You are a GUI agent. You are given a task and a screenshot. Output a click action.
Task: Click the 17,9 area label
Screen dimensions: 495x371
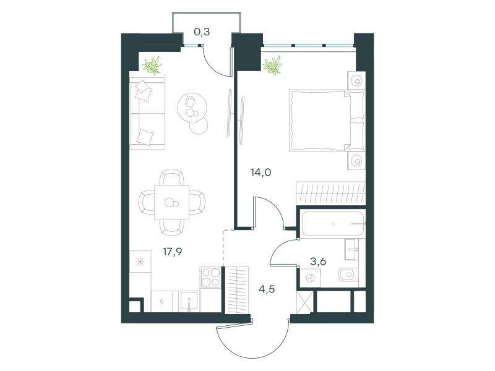173,252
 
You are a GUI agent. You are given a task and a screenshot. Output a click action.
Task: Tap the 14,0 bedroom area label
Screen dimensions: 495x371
260,173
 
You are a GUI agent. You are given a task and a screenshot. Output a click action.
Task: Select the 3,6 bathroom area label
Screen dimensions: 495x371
318,261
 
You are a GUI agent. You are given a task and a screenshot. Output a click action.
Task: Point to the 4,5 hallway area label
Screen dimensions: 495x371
267,289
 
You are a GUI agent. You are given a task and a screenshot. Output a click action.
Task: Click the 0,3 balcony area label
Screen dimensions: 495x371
202,32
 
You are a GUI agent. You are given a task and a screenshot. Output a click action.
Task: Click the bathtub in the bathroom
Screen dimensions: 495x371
333,224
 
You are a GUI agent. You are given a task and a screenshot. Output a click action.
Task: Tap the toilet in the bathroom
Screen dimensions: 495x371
348,275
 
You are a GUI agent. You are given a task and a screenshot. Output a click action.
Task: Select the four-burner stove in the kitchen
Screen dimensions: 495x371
210,277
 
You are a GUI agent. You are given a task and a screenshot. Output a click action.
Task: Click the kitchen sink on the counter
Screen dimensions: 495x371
189,302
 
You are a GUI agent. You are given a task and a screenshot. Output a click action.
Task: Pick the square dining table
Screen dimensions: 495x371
172,202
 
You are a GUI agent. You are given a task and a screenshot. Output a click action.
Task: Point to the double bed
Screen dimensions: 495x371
327,120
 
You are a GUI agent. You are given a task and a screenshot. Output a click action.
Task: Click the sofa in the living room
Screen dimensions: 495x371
147,114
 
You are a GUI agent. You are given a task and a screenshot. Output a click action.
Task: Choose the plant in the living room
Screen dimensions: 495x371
152,66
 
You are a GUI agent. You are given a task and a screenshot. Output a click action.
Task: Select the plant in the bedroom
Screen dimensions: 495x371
272,66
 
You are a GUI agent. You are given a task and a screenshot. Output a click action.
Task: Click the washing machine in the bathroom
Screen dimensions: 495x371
310,278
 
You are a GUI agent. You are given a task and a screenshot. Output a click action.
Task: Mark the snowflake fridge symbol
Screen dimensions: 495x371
140,262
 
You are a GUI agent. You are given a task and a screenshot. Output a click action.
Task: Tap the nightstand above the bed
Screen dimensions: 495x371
356,80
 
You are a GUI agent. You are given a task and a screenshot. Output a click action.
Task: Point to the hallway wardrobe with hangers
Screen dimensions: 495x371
237,290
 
